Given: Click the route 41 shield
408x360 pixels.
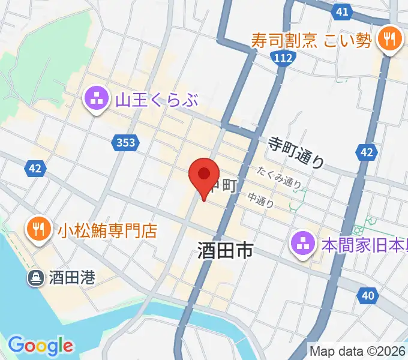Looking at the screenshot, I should pyautogui.click(x=342, y=11).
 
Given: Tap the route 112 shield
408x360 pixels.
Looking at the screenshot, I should pyautogui.click(x=281, y=58).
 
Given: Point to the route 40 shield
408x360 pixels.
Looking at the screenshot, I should pyautogui.click(x=368, y=295).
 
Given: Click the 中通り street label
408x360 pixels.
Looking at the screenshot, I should pyautogui.click(x=261, y=199).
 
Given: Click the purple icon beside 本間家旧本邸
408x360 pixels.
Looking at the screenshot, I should pyautogui.click(x=302, y=243).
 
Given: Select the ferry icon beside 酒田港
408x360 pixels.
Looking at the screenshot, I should pyautogui.click(x=35, y=277).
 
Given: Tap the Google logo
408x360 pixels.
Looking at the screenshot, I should pyautogui.click(x=40, y=345).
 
